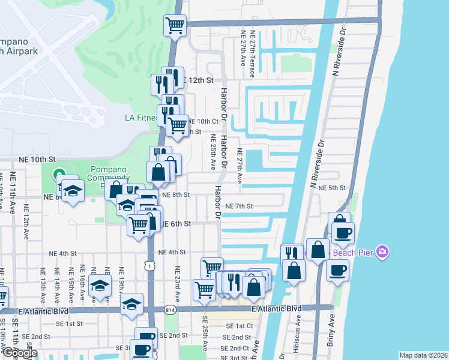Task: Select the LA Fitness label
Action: click(x=141, y=118)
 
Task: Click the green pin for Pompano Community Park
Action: click(x=59, y=175)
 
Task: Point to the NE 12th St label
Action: click(x=198, y=80)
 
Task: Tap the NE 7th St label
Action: click(x=239, y=206)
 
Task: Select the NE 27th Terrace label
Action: click(x=253, y=57)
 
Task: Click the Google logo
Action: click(x=20, y=353)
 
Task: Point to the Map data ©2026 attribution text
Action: click(x=423, y=355)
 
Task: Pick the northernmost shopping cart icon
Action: click(x=175, y=26)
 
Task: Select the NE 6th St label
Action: click(x=176, y=223)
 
